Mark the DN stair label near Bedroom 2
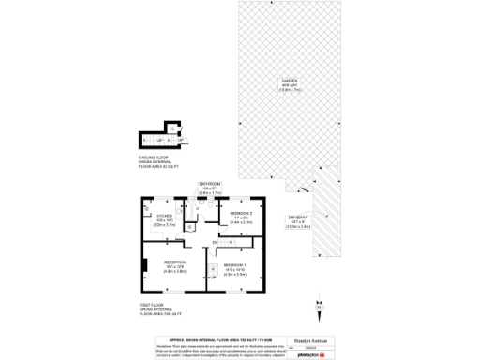tap(215, 244)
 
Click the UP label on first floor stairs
tap(214, 277)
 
